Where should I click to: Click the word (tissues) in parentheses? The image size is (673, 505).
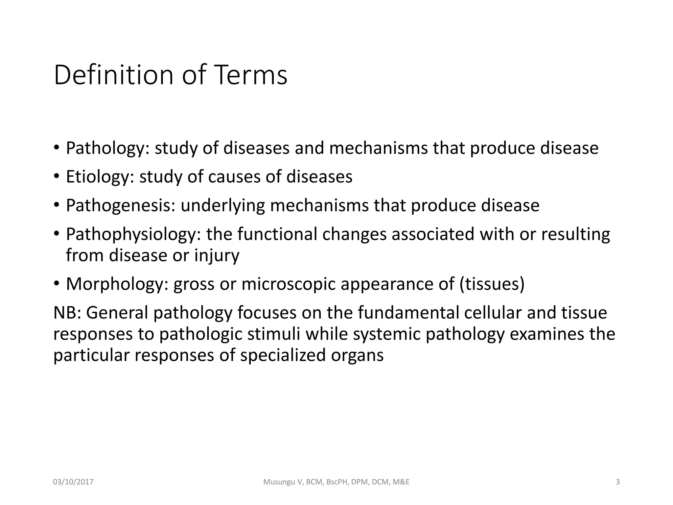492,284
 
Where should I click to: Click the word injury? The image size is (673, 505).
217,255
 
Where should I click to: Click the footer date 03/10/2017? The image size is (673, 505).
73,482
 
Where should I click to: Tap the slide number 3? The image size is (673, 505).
617,482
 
